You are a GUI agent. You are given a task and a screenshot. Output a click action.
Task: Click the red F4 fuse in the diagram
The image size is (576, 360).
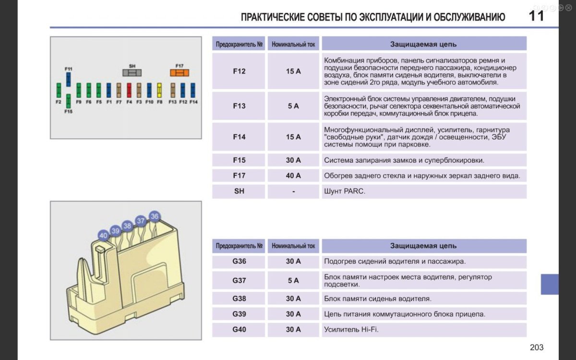[x=129, y=90]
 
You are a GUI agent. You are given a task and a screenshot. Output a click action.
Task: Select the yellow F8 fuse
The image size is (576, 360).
[x=159, y=90]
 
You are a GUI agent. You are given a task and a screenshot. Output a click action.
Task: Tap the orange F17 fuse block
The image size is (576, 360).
[x=180, y=73]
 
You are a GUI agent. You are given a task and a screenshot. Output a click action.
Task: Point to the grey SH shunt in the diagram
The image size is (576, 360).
[x=132, y=73]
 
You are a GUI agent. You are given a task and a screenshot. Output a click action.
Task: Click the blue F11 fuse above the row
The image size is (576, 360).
[x=69, y=79]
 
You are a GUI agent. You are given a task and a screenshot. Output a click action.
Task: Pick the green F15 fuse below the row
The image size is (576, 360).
[x=69, y=101]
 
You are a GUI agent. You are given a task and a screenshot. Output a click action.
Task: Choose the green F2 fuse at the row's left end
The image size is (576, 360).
[x=59, y=90]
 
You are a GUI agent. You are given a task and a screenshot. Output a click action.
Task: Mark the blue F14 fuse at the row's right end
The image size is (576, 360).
[x=193, y=90]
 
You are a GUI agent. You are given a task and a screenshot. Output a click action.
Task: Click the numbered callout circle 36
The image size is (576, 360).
[x=154, y=216]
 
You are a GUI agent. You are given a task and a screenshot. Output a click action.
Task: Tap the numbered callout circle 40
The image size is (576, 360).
[x=103, y=236]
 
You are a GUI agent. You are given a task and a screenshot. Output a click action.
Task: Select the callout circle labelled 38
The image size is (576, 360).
[x=127, y=226]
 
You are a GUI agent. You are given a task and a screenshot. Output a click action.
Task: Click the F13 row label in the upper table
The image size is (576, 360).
[x=239, y=106]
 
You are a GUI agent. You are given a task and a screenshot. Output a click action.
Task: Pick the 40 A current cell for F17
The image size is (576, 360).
[x=293, y=176]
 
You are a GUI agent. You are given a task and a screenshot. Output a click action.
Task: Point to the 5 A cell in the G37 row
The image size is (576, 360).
[x=293, y=280]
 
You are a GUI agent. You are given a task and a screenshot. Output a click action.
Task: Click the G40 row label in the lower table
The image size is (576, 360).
[x=239, y=330]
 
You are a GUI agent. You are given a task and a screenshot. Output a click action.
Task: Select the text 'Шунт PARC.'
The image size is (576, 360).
[x=344, y=191]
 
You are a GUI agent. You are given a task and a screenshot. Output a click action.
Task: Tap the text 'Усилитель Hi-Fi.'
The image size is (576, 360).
[x=351, y=330]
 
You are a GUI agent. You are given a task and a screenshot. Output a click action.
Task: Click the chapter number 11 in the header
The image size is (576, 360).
[x=536, y=16]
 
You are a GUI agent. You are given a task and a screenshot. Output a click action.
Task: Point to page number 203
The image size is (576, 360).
[x=537, y=348]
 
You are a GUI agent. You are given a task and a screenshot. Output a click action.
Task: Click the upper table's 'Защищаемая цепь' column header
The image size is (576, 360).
[x=423, y=44]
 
